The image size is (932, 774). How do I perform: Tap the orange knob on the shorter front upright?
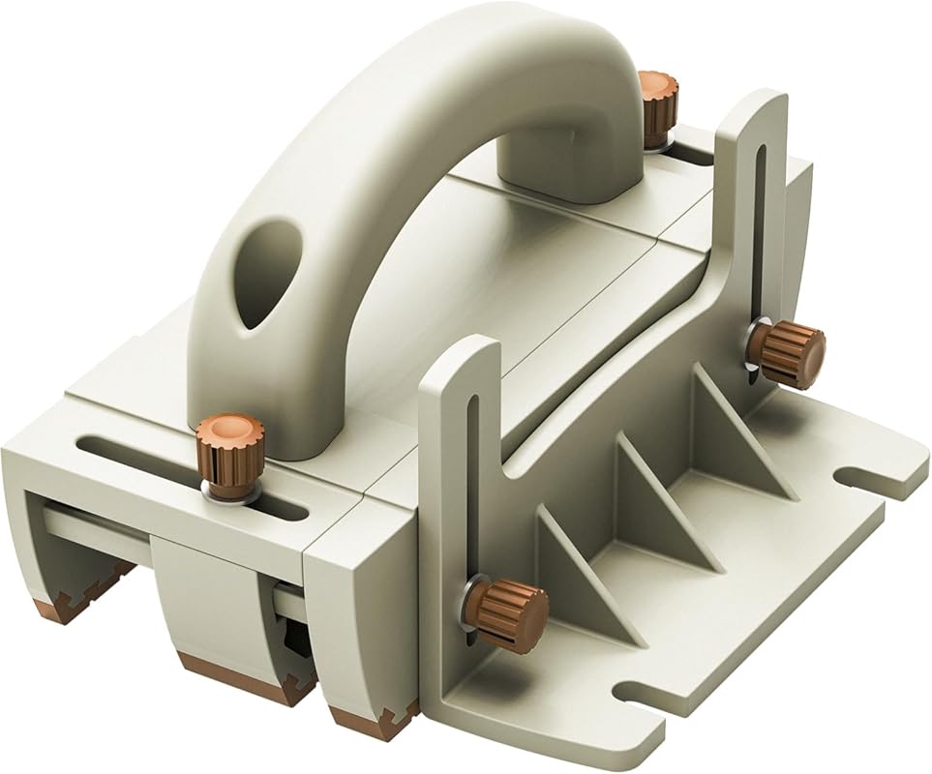pos(508,612)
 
